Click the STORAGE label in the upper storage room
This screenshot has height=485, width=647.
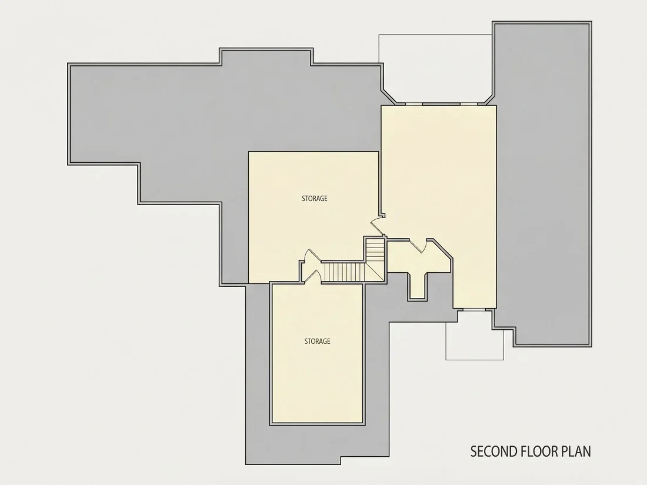tap(315, 198)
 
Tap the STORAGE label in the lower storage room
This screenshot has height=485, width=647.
tap(317, 341)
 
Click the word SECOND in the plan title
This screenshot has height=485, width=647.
tap(493, 451)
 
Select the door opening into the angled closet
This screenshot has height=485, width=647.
tap(418, 246)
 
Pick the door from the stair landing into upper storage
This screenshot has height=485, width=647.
tap(311, 256)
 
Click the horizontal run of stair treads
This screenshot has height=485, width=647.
tap(341, 273)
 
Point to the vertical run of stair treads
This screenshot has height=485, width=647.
tap(375, 250)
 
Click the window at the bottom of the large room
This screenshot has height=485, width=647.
tap(473, 309)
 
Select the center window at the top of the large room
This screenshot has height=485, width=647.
tap(442, 103)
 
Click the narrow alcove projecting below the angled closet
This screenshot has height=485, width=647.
tap(418, 285)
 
